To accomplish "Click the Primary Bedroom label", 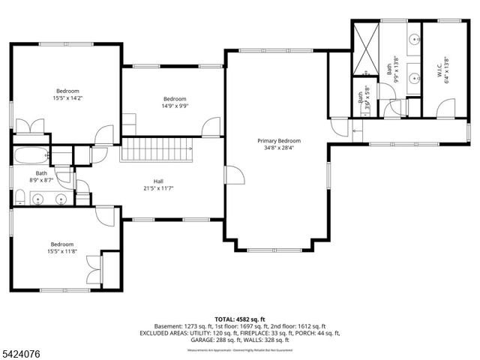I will click(x=279, y=141).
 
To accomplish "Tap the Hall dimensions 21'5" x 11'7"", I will click(x=159, y=188).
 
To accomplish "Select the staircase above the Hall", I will click(x=158, y=148).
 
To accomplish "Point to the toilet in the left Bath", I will click(x=20, y=199).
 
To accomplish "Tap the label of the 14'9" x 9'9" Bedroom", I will click(x=175, y=99).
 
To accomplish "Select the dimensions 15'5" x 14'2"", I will click(x=67, y=97).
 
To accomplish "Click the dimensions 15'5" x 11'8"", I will click(x=62, y=251).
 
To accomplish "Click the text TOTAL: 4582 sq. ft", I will click(x=240, y=319).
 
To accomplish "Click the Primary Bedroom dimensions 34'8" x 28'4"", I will click(x=279, y=148).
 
